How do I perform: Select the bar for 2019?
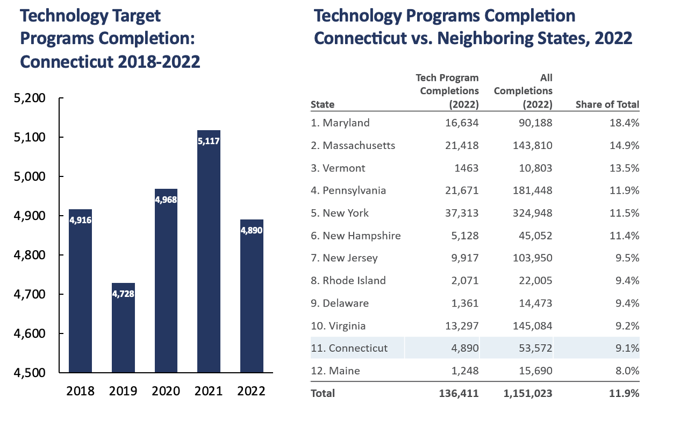(x=123, y=328)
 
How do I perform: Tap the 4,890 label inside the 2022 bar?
(x=252, y=230)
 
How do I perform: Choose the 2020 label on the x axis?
(x=166, y=391)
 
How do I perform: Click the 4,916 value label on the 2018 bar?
(x=80, y=219)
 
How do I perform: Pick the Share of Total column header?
(x=607, y=104)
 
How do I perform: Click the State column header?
(x=323, y=104)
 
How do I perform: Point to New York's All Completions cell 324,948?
(x=529, y=213)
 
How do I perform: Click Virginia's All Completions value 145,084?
(x=529, y=325)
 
